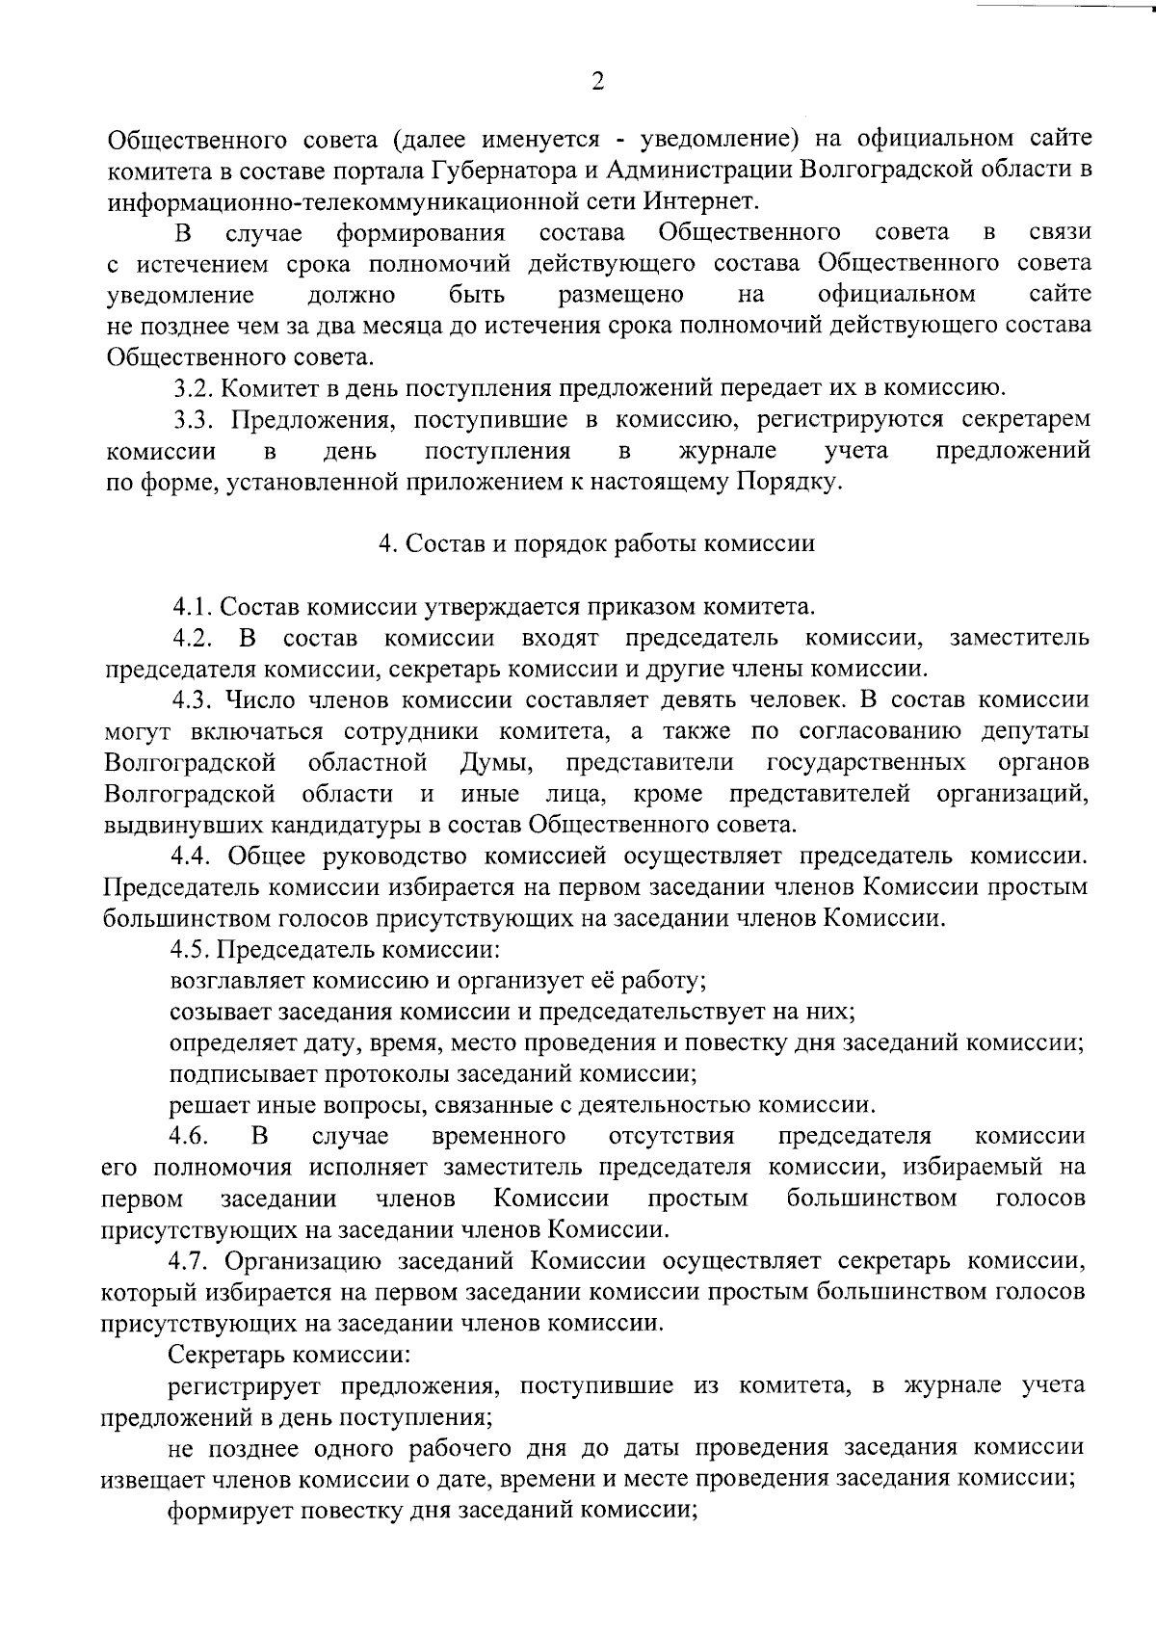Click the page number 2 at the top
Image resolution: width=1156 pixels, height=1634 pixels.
(597, 82)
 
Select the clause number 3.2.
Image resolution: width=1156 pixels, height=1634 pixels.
(190, 388)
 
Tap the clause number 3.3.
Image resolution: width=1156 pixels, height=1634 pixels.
(191, 419)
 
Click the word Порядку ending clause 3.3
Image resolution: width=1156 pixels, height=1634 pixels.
(790, 482)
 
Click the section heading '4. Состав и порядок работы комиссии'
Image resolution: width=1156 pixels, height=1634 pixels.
(596, 543)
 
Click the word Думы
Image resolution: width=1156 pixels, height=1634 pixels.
(494, 763)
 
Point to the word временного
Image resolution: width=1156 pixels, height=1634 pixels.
(498, 1136)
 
